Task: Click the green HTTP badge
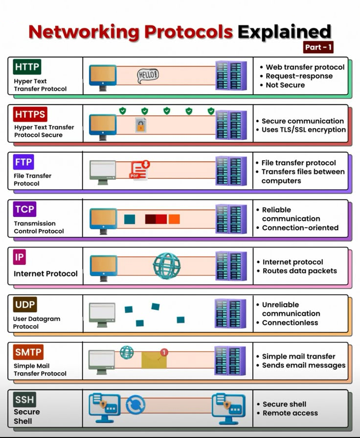click(x=27, y=66)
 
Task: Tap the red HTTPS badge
click(x=30, y=115)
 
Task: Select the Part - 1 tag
click(x=318, y=47)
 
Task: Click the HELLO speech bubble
click(x=148, y=75)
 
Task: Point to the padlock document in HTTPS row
click(x=141, y=125)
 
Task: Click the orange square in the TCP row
click(x=174, y=219)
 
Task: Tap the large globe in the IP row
click(x=167, y=265)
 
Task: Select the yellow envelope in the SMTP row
click(x=154, y=360)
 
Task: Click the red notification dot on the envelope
click(x=164, y=352)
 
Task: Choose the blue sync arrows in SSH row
click(x=135, y=405)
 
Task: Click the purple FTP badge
click(x=23, y=162)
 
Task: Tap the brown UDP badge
click(x=25, y=305)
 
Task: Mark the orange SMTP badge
click(x=28, y=351)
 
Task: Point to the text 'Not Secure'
click(x=285, y=85)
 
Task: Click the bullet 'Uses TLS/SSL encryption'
click(x=303, y=130)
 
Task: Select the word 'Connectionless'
click(x=290, y=323)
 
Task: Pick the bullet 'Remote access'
click(x=290, y=413)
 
